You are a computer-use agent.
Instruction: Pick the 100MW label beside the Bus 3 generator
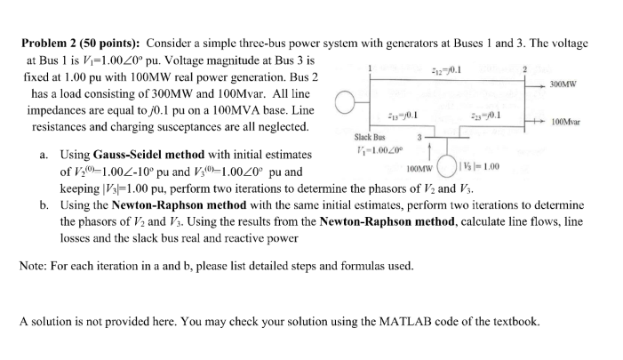tap(419, 167)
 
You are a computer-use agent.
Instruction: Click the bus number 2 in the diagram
tap(525, 68)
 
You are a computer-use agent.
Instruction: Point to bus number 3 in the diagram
tap(419, 138)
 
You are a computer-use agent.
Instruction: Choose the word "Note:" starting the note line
tap(34, 266)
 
